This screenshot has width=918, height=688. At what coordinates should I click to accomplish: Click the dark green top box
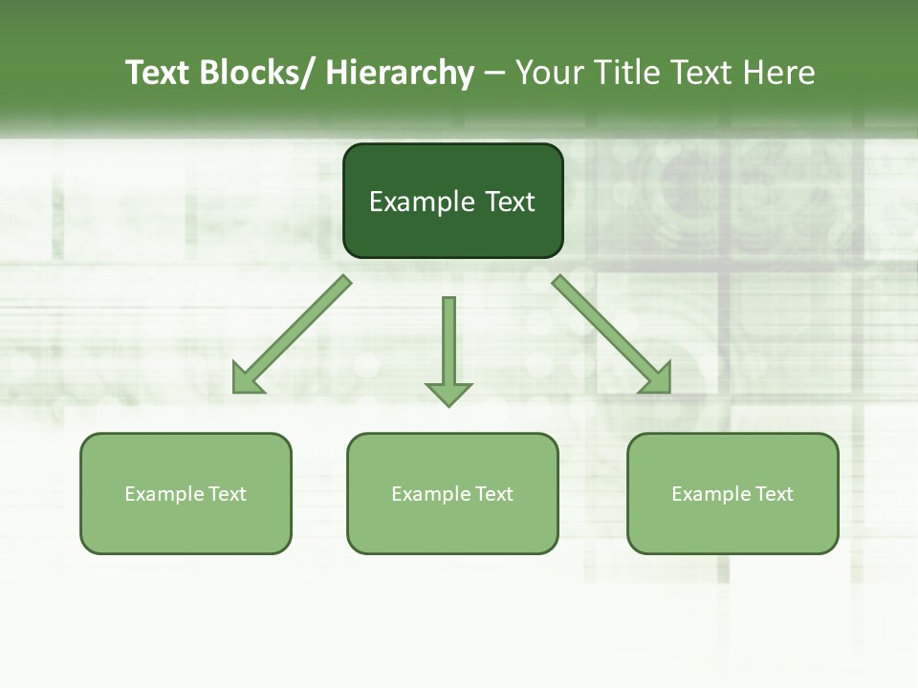tap(452, 201)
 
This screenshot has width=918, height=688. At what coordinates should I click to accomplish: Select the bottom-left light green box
tap(186, 493)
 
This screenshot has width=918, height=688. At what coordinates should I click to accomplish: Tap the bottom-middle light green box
tap(452, 493)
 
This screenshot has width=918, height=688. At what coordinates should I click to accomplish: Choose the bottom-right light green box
tap(732, 493)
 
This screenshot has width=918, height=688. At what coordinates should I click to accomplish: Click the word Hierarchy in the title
tap(399, 73)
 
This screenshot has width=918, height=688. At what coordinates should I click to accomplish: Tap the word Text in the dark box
tap(509, 202)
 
